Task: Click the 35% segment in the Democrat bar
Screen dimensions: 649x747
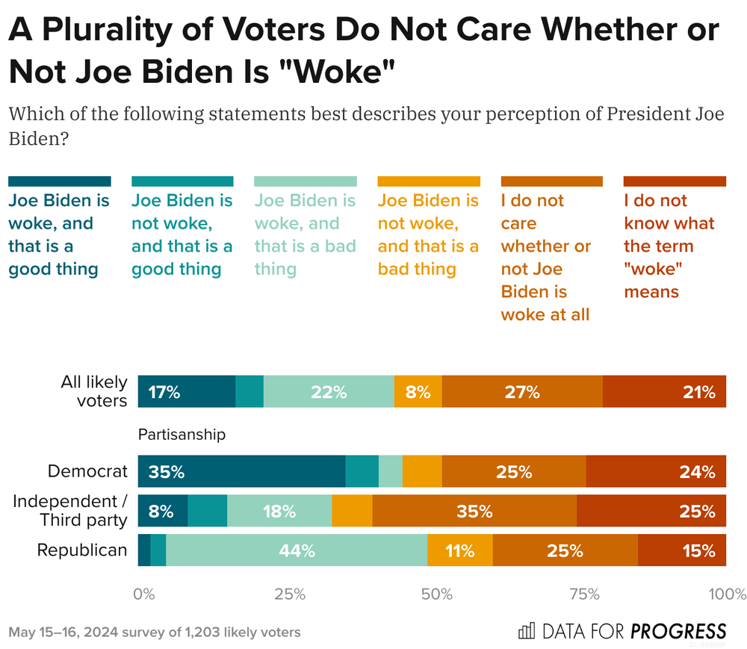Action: pos(241,472)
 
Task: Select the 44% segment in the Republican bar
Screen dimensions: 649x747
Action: pos(296,551)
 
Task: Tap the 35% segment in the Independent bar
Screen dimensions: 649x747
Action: pos(474,512)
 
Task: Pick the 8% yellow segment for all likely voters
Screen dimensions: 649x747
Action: pos(418,392)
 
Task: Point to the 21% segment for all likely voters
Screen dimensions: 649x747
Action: pos(664,392)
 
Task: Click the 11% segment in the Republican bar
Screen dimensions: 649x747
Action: pos(459,551)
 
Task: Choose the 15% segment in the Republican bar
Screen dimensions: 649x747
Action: pos(681,551)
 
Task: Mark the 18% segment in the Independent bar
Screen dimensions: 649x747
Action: pos(279,512)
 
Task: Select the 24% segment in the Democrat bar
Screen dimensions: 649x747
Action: pos(656,472)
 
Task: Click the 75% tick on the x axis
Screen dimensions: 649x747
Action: pos(585,594)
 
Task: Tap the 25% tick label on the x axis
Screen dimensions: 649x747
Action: pos(290,594)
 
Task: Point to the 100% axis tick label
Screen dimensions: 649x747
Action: pos(726,594)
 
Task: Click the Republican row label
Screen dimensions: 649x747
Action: pos(82,551)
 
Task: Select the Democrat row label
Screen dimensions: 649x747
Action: pos(87,472)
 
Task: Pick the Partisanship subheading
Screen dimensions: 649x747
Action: pos(182,434)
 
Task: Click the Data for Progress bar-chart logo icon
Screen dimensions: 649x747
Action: pos(527,631)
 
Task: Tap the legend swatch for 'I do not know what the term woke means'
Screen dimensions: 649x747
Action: pos(675,181)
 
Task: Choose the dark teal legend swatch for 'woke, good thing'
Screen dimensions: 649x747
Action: pos(60,181)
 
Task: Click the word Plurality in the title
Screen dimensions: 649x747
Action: pos(116,30)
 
